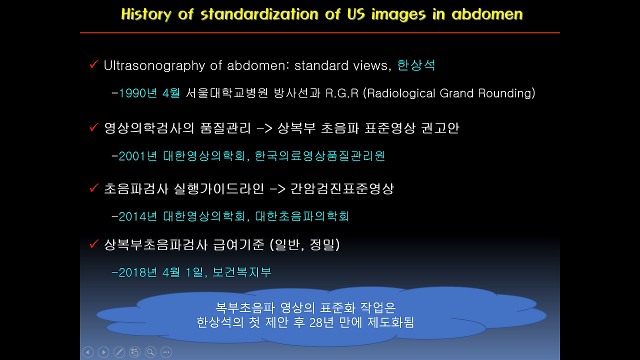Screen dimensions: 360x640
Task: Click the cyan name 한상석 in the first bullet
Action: pyautogui.click(x=416, y=65)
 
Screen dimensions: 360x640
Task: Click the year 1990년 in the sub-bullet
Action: pyautogui.click(x=138, y=93)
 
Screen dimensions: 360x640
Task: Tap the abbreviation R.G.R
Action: pyautogui.click(x=342, y=93)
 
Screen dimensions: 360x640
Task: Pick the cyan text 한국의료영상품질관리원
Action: pyautogui.click(x=320, y=156)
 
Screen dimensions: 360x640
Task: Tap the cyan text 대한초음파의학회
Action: pyautogui.click(x=302, y=216)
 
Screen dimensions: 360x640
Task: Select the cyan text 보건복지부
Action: pyautogui.click(x=242, y=272)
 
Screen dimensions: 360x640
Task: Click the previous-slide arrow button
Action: pyautogui.click(x=87, y=352)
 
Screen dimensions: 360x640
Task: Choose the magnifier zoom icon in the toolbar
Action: pyautogui.click(x=150, y=352)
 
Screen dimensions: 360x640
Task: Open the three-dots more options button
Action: pyautogui.click(x=166, y=352)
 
